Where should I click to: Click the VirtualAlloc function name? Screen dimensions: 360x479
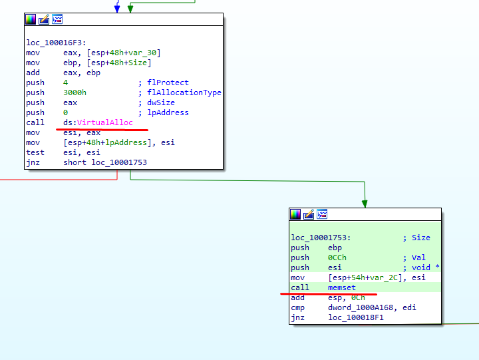(105, 122)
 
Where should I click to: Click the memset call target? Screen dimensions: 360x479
(342, 287)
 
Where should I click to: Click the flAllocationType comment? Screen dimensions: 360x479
(184, 92)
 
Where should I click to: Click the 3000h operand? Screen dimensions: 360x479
(75, 92)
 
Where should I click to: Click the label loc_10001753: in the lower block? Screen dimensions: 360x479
(321, 238)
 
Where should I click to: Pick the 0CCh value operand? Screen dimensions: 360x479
(337, 258)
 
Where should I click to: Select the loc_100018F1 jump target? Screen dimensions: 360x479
(356, 317)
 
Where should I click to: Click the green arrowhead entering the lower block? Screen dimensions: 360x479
(365, 203)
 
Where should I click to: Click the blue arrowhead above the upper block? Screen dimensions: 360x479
(117, 9)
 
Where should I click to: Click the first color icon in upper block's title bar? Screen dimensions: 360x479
(31, 19)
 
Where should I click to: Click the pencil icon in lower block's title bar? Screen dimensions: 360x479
(309, 214)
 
